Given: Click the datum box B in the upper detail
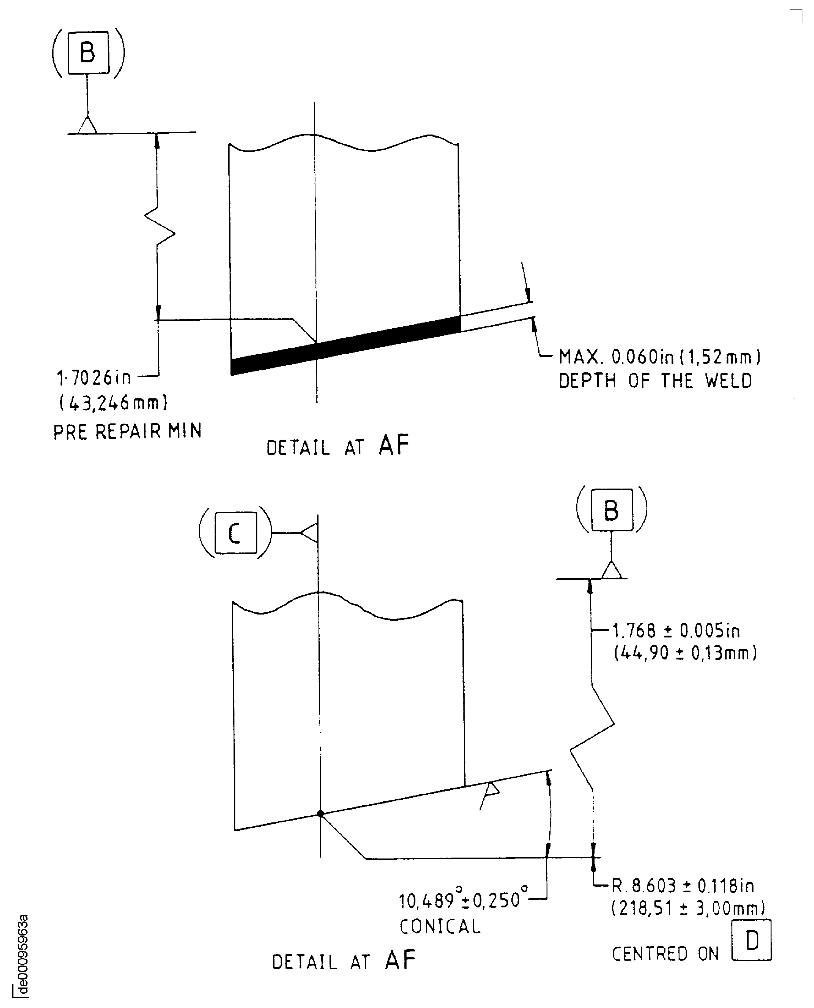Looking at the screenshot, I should [88, 53].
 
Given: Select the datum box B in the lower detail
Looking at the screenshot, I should [611, 510].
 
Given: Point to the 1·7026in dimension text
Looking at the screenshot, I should [94, 378].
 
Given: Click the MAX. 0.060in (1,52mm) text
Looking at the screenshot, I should [660, 357].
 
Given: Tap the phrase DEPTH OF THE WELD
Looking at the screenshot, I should [655, 381].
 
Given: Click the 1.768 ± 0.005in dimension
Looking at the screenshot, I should [676, 631].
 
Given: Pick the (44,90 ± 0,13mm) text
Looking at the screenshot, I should [685, 653].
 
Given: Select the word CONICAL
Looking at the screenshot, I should [440, 926].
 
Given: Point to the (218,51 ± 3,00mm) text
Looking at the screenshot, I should [688, 909].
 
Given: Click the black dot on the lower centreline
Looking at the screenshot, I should [320, 814].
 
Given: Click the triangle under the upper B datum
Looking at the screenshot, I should [87, 126].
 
